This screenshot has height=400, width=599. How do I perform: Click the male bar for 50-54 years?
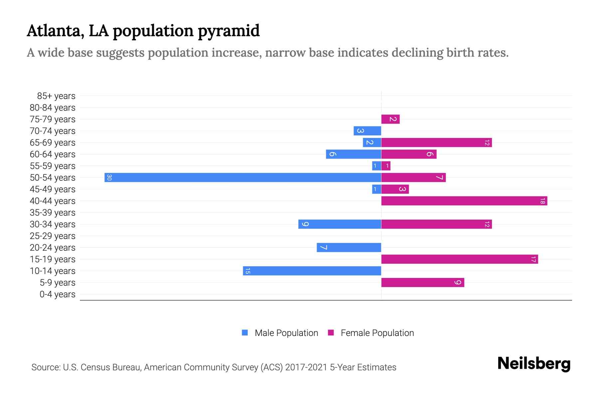(x=243, y=177)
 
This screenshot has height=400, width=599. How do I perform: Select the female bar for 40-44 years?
(x=464, y=201)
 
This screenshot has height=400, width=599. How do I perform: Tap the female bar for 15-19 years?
(x=460, y=259)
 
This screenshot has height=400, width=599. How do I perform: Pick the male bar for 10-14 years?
(x=312, y=271)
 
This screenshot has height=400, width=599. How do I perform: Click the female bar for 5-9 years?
(x=423, y=282)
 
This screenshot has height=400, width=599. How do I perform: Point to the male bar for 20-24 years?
(x=349, y=247)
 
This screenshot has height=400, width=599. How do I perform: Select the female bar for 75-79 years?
(x=390, y=119)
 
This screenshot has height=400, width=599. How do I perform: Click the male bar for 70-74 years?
(x=367, y=131)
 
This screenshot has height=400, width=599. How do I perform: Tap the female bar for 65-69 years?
(x=436, y=142)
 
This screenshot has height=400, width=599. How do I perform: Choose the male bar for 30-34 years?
(x=340, y=224)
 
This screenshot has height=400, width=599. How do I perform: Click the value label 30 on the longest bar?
(x=109, y=177)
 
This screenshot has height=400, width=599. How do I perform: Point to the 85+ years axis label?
(x=56, y=96)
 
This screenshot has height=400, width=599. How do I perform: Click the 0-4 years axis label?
(x=57, y=294)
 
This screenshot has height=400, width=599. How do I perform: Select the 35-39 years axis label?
(x=53, y=213)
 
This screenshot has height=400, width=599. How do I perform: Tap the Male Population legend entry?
(x=286, y=333)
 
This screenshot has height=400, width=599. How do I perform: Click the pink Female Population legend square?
(x=331, y=333)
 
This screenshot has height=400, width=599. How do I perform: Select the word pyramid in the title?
(x=229, y=31)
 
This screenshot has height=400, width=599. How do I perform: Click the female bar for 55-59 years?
(x=386, y=166)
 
